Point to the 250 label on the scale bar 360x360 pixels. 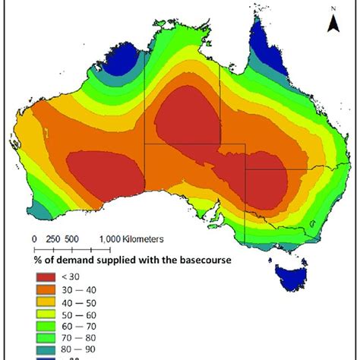tap(52, 239)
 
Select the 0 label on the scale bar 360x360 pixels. tap(33, 239)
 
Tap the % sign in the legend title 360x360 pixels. tap(36, 261)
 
